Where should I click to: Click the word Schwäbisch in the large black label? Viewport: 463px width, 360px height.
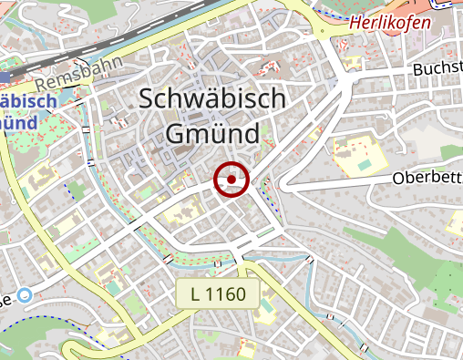click(x=213, y=100)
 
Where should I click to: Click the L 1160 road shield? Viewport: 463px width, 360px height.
click(x=219, y=294)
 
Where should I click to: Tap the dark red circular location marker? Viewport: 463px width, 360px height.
click(x=231, y=180)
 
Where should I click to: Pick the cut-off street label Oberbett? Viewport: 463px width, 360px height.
click(x=427, y=178)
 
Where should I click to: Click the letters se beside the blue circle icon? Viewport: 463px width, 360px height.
click(x=6, y=300)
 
